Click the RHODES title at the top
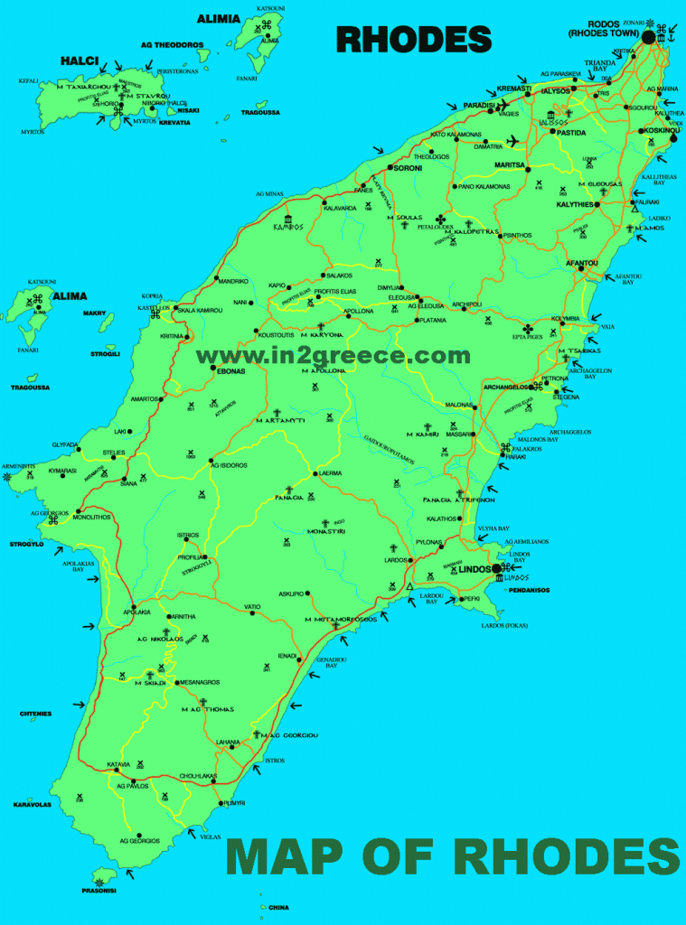414,39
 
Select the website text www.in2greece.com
334,356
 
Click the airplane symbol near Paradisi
514,141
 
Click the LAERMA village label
327,473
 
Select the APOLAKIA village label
136,612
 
